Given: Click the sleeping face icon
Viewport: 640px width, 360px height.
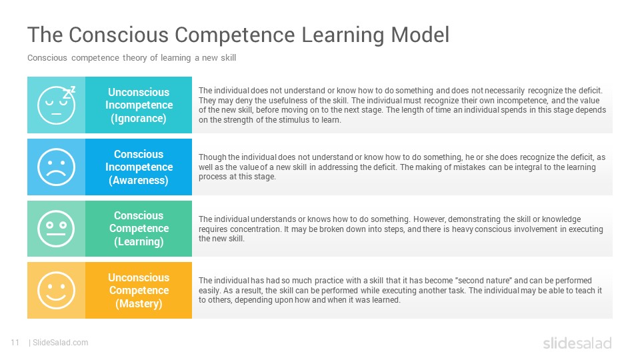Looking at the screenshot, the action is [56, 105].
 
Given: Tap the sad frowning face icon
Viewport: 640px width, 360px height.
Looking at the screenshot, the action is [56, 167].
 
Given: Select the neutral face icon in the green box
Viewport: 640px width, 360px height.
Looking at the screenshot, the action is [56, 229].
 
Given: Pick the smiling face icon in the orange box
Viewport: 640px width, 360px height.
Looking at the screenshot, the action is [56, 290].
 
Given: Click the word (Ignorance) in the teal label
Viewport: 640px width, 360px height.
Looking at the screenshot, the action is [139, 119].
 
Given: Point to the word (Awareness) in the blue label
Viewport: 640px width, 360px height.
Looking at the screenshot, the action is [139, 181].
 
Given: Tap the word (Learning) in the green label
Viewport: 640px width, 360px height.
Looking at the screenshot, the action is [139, 241].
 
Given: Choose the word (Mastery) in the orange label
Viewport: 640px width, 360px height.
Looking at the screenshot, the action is [139, 304].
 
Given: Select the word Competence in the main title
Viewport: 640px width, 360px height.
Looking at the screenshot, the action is [235, 35].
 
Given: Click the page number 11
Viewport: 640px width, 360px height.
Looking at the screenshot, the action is [15, 343].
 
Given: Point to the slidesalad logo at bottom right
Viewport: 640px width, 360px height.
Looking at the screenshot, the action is [577, 343].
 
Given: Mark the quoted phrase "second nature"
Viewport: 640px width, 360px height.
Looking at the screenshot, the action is [483, 281].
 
